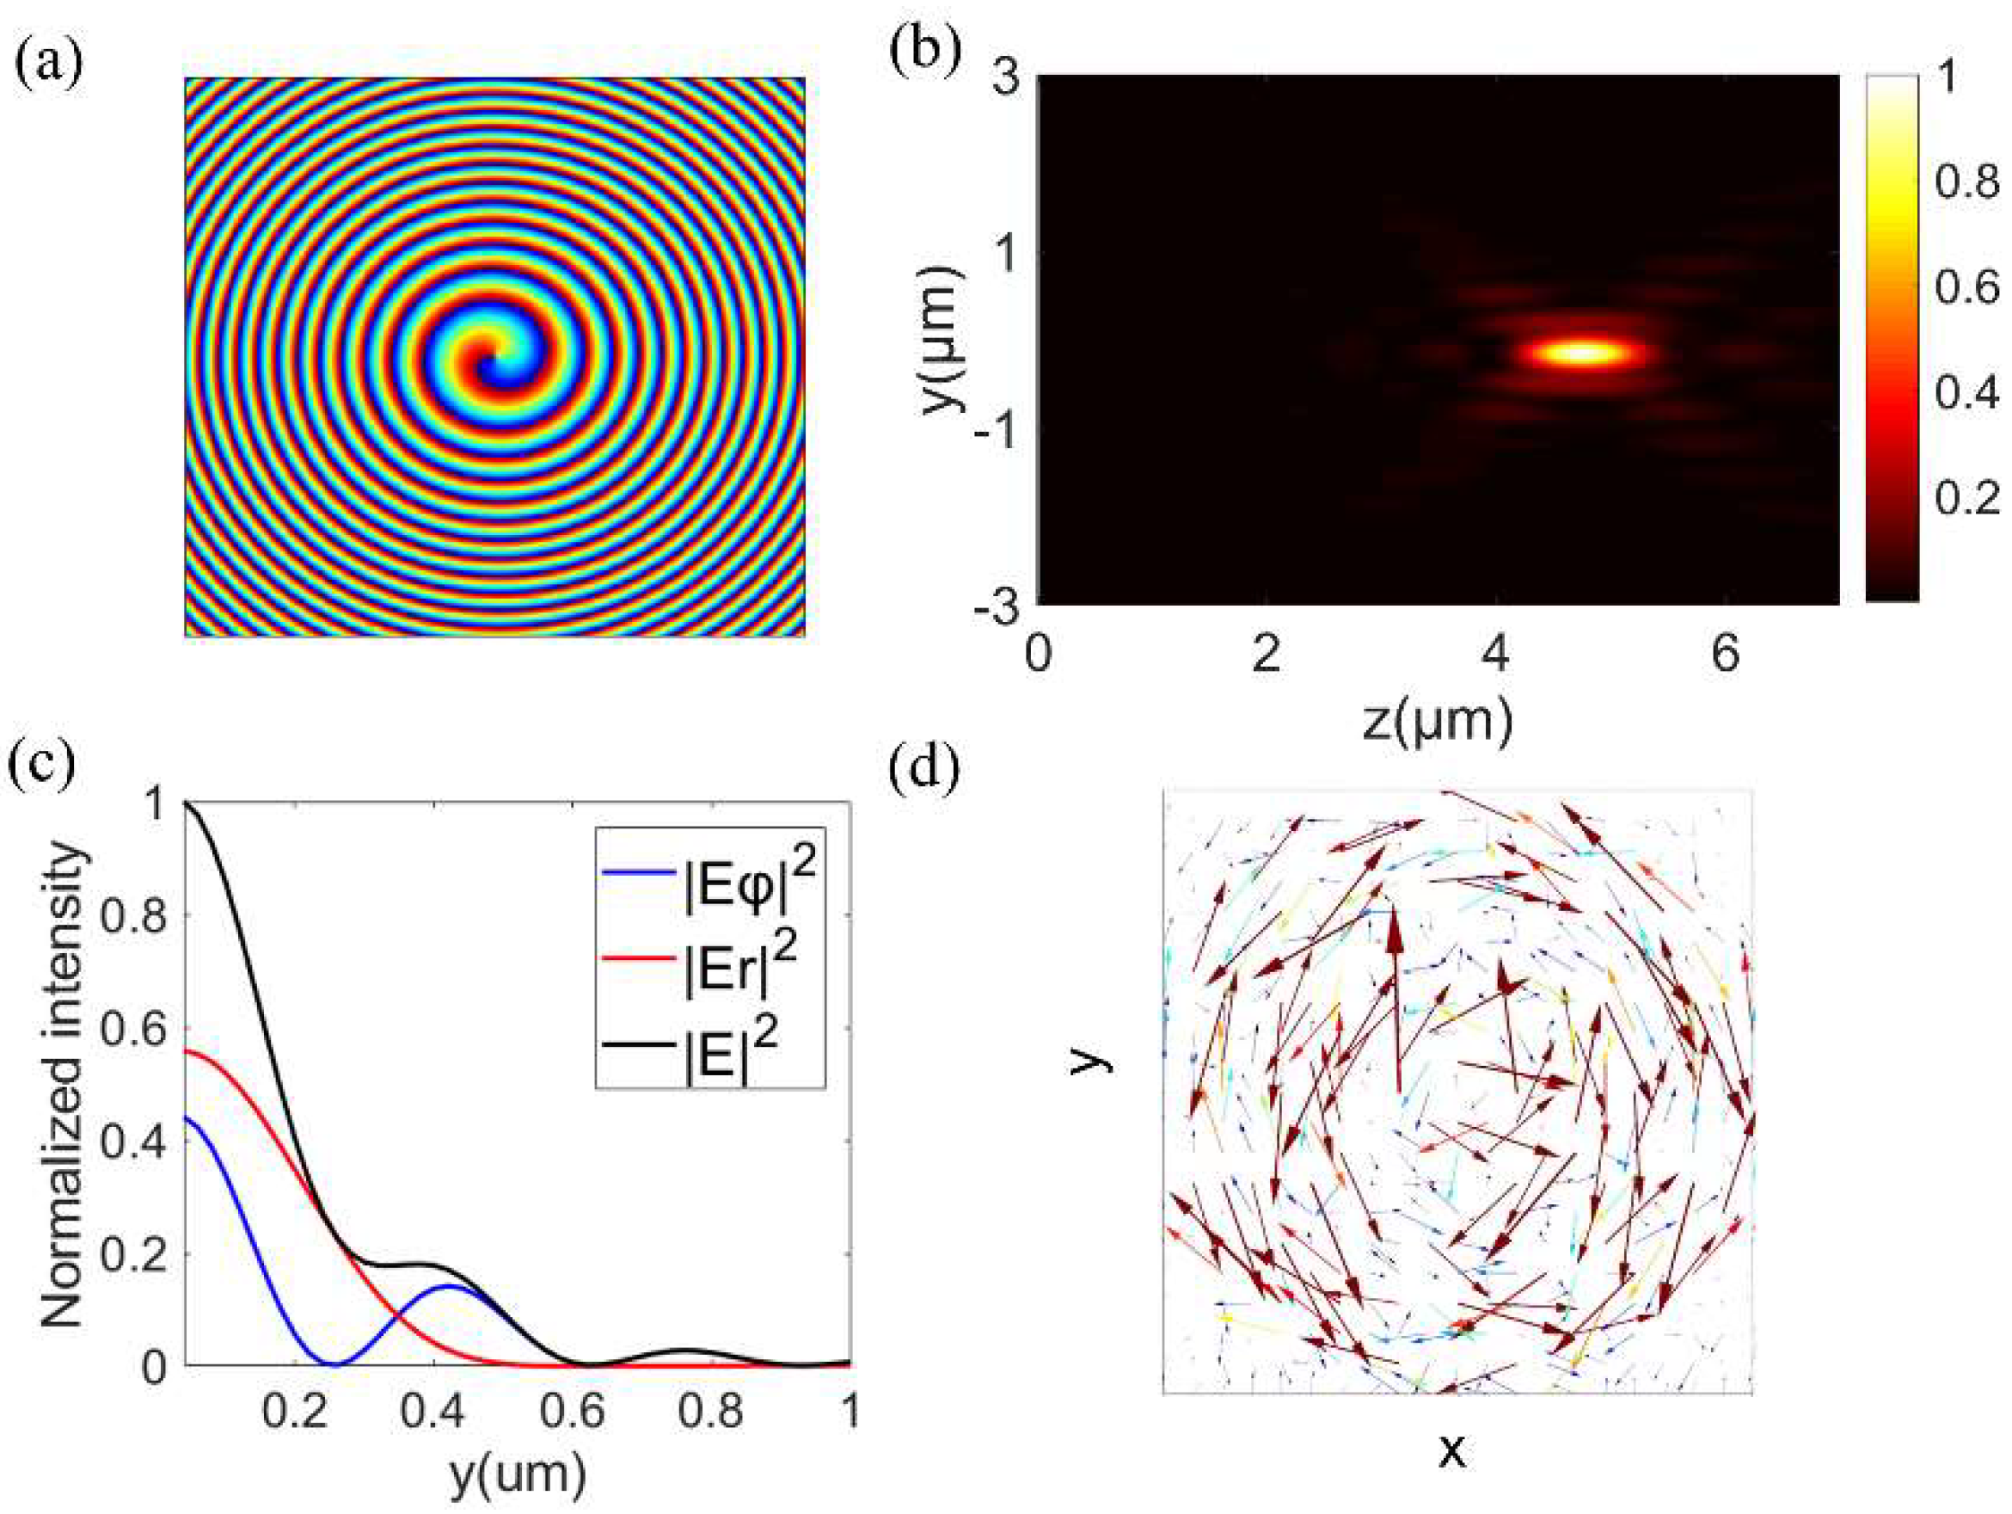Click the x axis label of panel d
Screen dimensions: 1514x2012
1452,1453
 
